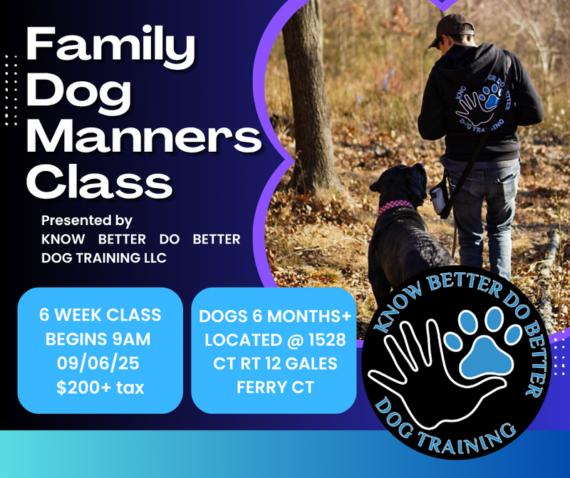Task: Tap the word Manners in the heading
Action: pos(144,137)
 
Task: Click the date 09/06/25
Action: pos(98,363)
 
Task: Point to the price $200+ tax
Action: pos(100,388)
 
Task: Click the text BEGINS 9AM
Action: pos(98,339)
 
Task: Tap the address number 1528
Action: pos(327,340)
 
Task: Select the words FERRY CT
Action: pos(275,387)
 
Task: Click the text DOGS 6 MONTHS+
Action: pos(275,316)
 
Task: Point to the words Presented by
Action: pos(86,221)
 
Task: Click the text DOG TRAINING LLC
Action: pos(104,258)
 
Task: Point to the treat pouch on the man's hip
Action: pos(438,199)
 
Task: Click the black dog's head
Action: pos(402,185)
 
